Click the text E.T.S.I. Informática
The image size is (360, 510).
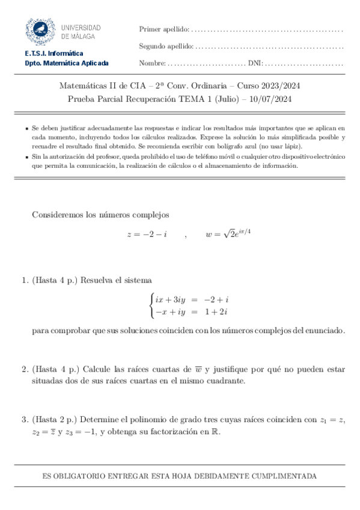(54, 54)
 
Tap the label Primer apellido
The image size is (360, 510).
(163, 29)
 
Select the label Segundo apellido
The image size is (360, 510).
(166, 46)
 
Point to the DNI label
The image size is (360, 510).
(255, 63)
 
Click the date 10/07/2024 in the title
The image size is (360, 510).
(272, 99)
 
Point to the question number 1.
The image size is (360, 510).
(24, 280)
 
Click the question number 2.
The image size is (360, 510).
(24, 369)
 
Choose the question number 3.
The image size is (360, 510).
(24, 419)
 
